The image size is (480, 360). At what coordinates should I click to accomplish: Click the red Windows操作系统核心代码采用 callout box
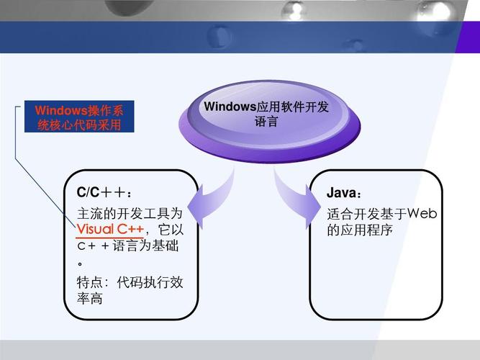coord(79,117)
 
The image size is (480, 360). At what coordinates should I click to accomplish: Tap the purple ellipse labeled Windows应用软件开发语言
coord(266,119)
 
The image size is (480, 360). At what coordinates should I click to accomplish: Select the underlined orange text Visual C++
coord(111,230)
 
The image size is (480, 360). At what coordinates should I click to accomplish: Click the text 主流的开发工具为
coord(130,213)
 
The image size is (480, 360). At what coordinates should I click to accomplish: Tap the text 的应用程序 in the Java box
coord(360,230)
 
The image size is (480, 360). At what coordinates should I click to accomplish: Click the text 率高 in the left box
coord(90,298)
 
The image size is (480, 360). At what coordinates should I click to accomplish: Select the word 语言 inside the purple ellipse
coord(266,122)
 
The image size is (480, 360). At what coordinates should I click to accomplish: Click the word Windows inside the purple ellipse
coord(230,107)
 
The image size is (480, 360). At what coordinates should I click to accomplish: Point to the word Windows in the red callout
coord(60,110)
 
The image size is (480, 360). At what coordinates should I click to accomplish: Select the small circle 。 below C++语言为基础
coord(81,264)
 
